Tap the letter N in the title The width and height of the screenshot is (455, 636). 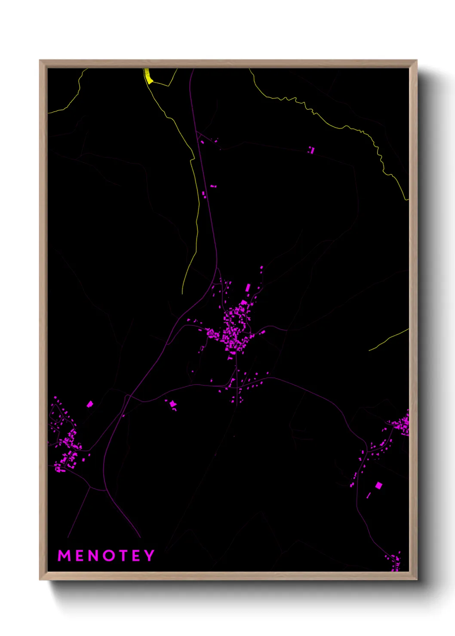click(x=92, y=556)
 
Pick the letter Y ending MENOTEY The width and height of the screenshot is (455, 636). click(x=149, y=556)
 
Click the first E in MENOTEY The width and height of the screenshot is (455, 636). click(x=79, y=556)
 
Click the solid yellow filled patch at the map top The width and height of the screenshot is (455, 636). click(x=148, y=76)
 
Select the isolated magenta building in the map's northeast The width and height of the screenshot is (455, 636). click(x=311, y=150)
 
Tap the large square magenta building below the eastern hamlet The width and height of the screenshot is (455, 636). click(x=378, y=486)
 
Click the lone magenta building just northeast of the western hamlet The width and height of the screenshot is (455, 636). click(x=89, y=404)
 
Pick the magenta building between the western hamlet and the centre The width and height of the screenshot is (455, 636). click(x=172, y=404)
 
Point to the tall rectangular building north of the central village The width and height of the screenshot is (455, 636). click(x=248, y=287)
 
